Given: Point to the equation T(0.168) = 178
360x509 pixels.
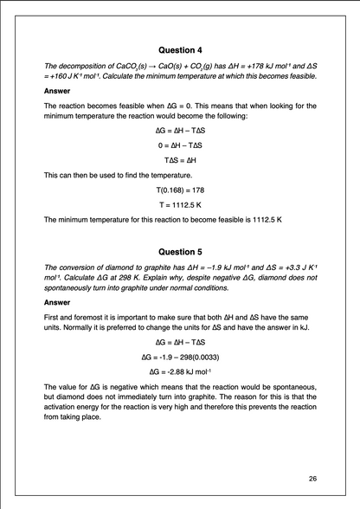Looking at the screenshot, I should [180, 189].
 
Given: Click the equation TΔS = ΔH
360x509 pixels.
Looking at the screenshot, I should [180, 159].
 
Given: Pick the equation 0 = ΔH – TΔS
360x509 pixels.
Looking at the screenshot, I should [180, 145].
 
